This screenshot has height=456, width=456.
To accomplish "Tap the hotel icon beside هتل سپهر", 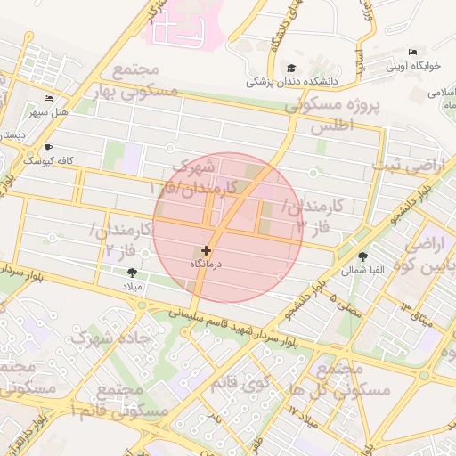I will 48,99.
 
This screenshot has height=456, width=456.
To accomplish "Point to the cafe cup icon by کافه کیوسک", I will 48,148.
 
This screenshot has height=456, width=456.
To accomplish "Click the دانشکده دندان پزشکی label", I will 293,81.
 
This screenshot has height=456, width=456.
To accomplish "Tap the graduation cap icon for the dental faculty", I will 291,68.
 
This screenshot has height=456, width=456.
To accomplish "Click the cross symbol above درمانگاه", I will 207,252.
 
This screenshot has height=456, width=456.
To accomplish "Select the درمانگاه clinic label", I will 208,265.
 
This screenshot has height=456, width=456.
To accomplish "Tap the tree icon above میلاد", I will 133,272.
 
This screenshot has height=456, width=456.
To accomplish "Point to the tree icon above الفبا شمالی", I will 362,256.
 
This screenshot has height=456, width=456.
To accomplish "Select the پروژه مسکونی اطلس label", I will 332,116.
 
